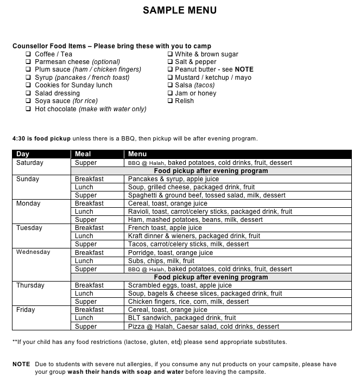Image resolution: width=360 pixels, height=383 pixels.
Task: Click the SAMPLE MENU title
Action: [180, 10]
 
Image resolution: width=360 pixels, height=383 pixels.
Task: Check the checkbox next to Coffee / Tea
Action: [29, 54]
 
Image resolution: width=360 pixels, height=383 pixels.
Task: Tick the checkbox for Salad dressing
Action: [29, 93]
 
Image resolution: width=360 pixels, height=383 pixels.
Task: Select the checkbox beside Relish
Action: [169, 101]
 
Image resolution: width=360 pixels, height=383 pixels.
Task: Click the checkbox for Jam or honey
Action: [169, 93]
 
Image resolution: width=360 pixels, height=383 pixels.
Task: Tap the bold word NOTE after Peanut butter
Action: [244, 69]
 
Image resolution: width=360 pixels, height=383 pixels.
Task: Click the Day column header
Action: [23, 154]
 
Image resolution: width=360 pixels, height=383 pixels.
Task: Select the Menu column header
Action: [137, 154]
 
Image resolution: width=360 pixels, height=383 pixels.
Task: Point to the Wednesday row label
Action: [33, 252]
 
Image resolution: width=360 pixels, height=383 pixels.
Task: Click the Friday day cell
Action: [26, 310]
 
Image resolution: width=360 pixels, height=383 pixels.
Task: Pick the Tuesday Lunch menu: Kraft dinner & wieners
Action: [194, 236]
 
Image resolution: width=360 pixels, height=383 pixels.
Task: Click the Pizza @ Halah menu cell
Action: [204, 327]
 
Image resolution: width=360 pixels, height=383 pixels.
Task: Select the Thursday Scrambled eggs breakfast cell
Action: [180, 285]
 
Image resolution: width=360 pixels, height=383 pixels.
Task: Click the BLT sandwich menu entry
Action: [182, 318]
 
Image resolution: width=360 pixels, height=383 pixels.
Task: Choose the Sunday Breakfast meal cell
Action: [89, 178]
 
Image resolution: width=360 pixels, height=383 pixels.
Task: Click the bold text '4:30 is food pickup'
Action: [41, 138]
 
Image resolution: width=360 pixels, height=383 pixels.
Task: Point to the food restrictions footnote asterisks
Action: [15, 342]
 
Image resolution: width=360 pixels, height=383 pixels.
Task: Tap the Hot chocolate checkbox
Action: [29, 109]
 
